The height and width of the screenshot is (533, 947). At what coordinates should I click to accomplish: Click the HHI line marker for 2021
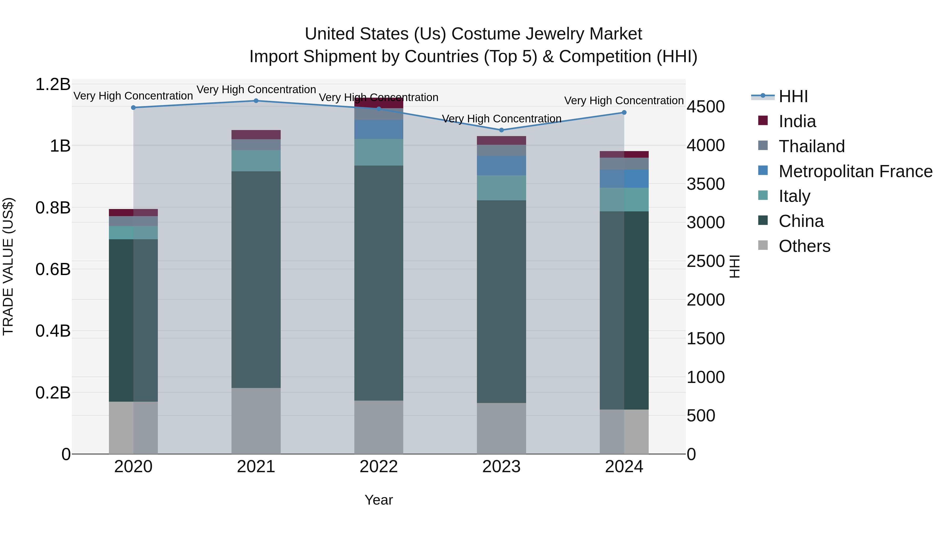256,101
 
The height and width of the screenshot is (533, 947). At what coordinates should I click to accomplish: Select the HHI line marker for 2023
501,130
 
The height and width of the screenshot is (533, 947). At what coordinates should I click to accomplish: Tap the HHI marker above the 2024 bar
624,113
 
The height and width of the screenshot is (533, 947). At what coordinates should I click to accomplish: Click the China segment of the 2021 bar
256,280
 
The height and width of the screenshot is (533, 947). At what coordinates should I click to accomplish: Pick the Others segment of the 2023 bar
501,428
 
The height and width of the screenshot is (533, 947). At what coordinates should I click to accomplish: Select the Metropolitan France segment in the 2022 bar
379,129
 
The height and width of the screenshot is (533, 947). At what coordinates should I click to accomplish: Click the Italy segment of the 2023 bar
501,188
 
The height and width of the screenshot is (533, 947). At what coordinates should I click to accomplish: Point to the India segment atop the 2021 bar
256,135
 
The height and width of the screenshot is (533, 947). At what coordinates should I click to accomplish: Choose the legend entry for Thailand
811,146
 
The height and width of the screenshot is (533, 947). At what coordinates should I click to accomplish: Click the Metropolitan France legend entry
855,171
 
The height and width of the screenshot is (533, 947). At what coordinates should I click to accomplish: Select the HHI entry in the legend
793,96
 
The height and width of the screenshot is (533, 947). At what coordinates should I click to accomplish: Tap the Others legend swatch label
804,246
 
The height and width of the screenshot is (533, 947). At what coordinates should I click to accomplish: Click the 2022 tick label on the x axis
379,467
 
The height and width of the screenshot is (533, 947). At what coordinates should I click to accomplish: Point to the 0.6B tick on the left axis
53,269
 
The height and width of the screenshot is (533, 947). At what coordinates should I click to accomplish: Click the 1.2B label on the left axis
53,84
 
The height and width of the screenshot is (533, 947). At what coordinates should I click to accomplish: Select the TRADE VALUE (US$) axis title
8,266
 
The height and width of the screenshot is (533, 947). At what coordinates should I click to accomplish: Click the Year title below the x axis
379,500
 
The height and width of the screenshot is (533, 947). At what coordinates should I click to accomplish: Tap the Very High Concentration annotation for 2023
501,119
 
